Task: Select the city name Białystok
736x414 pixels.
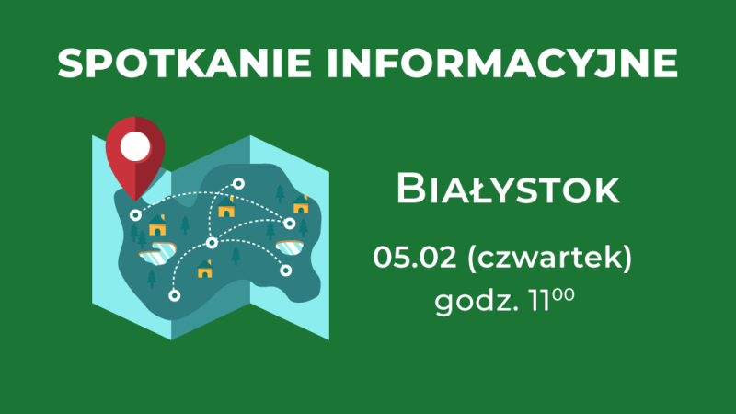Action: pos(506,190)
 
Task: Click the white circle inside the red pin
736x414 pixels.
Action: pos(136,144)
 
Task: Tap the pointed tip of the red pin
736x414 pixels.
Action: pos(136,197)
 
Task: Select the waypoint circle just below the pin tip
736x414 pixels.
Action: pos(136,214)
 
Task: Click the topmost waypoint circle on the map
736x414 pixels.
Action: pos(238,184)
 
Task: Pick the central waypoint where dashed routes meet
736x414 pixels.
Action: pos(212,243)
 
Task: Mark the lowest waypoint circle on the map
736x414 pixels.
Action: pos(173,294)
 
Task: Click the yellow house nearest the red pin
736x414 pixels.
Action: pos(158,225)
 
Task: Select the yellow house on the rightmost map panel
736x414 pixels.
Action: pos(300,205)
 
